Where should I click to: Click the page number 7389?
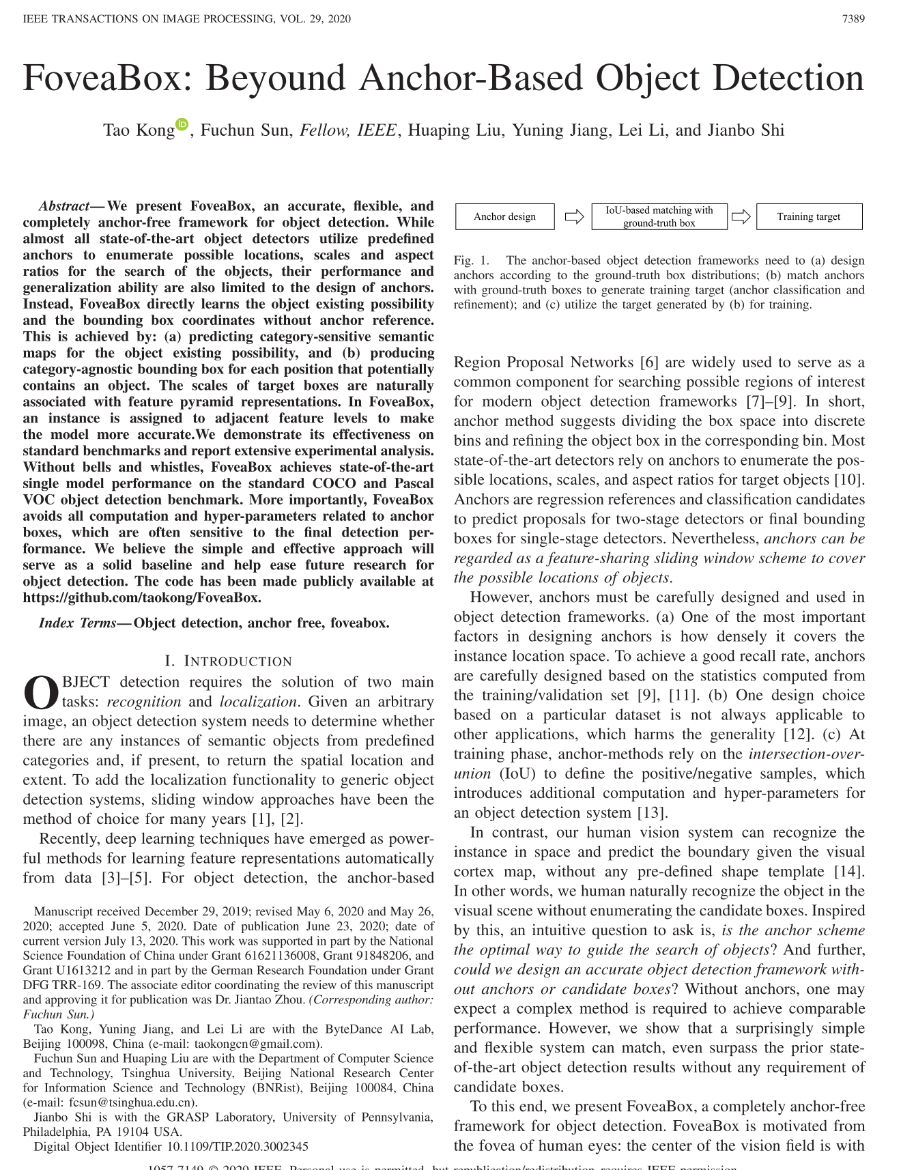click(853, 18)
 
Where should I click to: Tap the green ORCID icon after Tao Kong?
click(182, 124)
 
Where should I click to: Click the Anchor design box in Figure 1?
click(505, 216)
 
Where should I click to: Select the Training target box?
click(809, 216)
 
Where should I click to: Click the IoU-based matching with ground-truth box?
click(659, 216)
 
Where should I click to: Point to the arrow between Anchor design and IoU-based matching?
click(574, 216)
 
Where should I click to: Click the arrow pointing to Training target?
click(741, 216)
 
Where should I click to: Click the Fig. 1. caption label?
click(472, 260)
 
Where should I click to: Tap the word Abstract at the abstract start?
click(64, 206)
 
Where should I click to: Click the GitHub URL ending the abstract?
click(141, 598)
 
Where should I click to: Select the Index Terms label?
click(78, 623)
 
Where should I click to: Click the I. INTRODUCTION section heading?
click(228, 661)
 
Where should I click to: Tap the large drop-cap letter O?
click(41, 692)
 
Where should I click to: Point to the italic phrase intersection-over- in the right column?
click(806, 754)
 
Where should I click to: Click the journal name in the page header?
click(186, 18)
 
